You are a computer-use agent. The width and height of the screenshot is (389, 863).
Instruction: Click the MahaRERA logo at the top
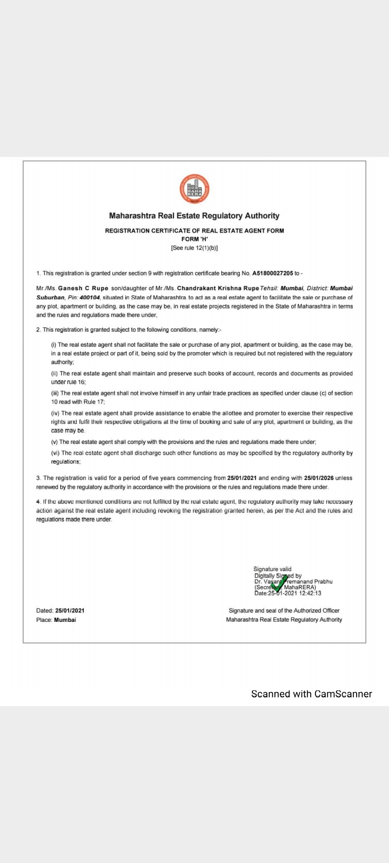click(x=194, y=189)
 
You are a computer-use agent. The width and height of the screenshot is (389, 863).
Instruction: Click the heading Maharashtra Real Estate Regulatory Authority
click(x=194, y=216)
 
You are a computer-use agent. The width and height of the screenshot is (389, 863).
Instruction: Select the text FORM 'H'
click(x=194, y=239)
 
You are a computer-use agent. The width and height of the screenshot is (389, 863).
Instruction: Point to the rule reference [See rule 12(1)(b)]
click(x=194, y=248)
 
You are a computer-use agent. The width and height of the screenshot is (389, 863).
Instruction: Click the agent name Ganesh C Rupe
click(x=83, y=289)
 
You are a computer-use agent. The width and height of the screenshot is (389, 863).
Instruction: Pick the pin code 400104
click(x=90, y=297)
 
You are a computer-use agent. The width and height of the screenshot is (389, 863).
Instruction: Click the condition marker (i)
click(x=53, y=345)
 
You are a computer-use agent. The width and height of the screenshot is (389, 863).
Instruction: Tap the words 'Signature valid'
click(x=272, y=569)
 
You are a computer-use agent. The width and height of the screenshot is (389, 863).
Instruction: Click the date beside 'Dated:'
click(x=70, y=611)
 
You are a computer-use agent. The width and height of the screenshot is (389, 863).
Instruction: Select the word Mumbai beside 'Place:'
click(x=65, y=620)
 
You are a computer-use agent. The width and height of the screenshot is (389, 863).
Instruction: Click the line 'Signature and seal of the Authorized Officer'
click(x=284, y=611)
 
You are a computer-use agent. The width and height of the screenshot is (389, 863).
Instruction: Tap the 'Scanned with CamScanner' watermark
click(x=312, y=694)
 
